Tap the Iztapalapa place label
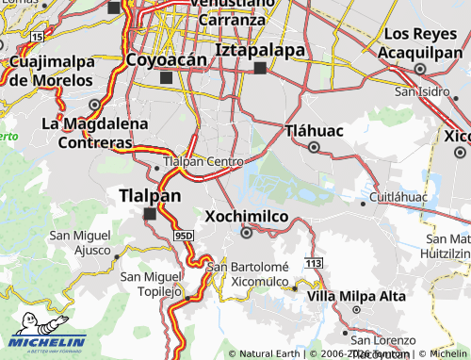261,49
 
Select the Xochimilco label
246,215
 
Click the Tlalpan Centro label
203,162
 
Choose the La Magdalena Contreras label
94,133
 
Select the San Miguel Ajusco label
80,242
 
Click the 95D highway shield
184,235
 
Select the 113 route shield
314,261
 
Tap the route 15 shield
37,36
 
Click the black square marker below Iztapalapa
260,68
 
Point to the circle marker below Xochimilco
247,232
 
